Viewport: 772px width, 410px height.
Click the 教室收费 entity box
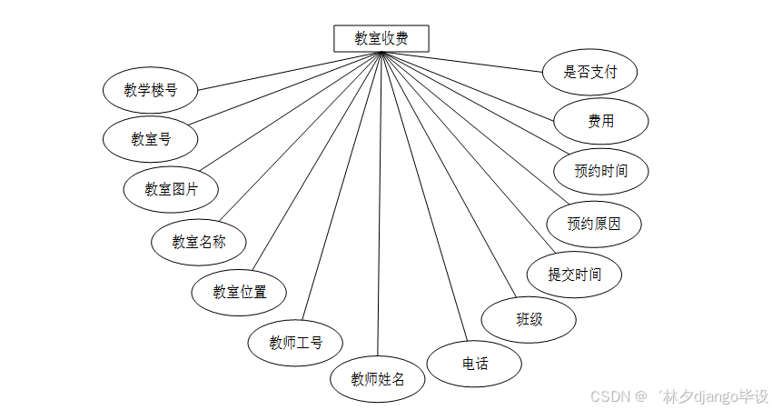coord(381,38)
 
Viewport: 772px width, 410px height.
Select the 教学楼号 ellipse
coord(151,90)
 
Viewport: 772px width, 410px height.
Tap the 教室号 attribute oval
coord(151,139)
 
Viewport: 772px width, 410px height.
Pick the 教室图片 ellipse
coord(171,189)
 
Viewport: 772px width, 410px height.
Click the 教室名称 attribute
coord(199,242)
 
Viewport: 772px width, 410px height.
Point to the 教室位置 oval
coord(240,292)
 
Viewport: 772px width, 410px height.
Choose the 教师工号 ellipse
coord(295,343)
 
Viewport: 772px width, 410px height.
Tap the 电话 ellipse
coord(475,364)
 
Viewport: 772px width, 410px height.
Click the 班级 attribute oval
coord(530,319)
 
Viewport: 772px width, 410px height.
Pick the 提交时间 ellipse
coord(574,274)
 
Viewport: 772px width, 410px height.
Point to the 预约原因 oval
coord(594,224)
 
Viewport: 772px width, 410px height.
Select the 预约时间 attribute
coord(600,170)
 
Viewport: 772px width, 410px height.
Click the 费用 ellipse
coord(600,121)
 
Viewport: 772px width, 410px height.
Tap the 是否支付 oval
coord(590,72)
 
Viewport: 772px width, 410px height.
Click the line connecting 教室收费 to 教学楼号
coord(291,71)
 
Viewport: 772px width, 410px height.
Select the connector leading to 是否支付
coord(463,62)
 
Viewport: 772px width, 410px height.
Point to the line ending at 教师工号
coord(343,186)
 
